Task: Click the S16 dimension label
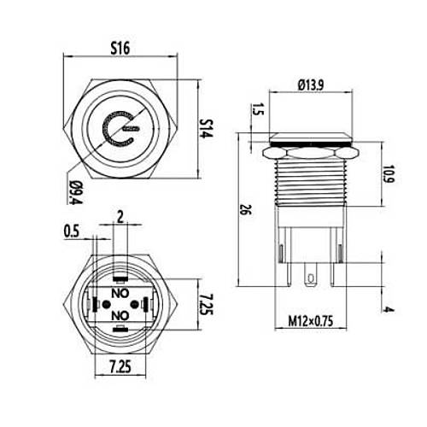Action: click(x=120, y=48)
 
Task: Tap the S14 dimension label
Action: click(x=206, y=128)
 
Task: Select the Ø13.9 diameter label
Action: click(x=311, y=85)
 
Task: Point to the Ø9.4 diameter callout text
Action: click(x=76, y=192)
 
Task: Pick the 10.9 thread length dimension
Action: click(x=389, y=173)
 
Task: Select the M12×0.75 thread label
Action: click(x=311, y=321)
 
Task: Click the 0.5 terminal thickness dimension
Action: click(x=71, y=231)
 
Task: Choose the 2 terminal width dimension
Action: click(x=120, y=218)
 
